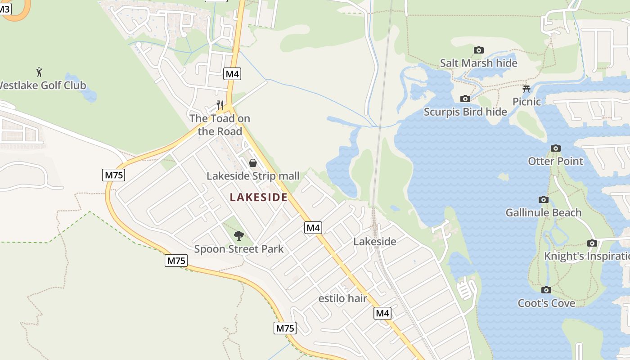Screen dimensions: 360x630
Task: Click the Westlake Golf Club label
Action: [43, 85]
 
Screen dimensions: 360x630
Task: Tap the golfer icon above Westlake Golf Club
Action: [39, 72]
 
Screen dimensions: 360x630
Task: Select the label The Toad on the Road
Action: [220, 125]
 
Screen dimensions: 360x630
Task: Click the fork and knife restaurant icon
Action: [220, 105]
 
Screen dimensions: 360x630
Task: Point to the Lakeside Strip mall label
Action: [253, 175]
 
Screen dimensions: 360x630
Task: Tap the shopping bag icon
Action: [253, 162]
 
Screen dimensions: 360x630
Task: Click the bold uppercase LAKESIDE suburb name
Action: [258, 197]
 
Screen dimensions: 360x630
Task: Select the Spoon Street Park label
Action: [239, 249]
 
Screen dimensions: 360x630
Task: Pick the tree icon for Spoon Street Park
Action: [239, 235]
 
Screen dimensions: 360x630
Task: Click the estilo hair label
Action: [343, 298]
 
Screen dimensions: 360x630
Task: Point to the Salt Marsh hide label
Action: [479, 63]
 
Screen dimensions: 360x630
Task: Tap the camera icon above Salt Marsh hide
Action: [479, 50]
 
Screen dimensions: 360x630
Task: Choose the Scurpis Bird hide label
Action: [465, 112]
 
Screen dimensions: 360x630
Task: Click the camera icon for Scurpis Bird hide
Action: [465, 99]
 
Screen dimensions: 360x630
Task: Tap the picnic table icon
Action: [526, 89]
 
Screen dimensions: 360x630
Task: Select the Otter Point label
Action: [555, 161]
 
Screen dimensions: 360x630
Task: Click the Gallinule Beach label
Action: [544, 212]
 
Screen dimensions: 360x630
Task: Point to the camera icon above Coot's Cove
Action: [546, 290]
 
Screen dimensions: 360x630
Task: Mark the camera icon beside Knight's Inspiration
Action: [592, 243]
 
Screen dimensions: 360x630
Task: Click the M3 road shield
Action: [4, 9]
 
